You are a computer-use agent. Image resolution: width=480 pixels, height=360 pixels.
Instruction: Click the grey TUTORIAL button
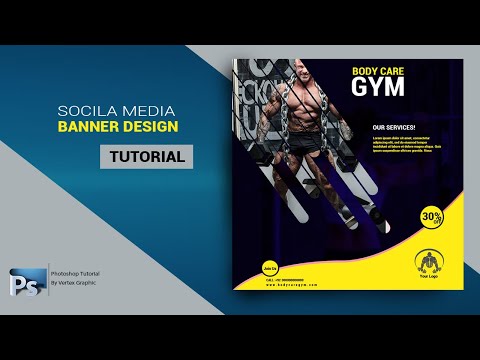146,157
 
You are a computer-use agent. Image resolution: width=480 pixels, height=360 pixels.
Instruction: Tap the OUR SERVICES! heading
393,128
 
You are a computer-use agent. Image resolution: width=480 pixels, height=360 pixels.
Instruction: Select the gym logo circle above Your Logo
428,261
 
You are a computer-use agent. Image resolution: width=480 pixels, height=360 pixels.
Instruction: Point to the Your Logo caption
428,277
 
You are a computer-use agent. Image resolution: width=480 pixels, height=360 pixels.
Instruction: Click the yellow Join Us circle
268,267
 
